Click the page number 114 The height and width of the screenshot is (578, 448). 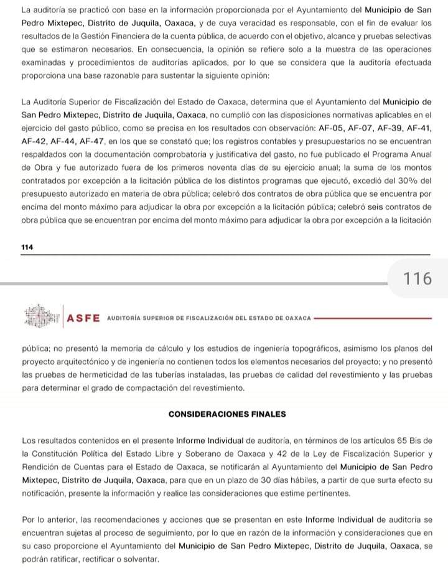pyautogui.click(x=27, y=248)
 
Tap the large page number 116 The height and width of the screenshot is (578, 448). pyautogui.click(x=418, y=279)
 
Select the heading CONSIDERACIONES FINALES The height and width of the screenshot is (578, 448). pyautogui.click(x=226, y=414)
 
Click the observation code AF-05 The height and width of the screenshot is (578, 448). pyautogui.click(x=331, y=128)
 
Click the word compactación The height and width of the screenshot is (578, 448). pyautogui.click(x=152, y=388)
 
